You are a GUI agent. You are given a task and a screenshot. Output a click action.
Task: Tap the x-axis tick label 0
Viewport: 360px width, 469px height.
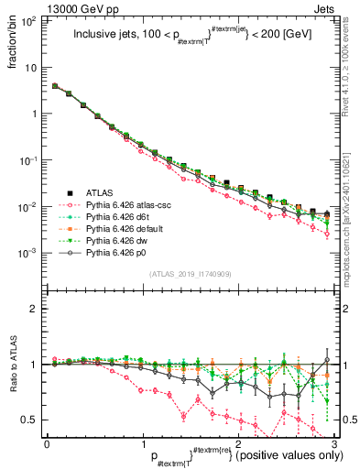(x=47, y=443)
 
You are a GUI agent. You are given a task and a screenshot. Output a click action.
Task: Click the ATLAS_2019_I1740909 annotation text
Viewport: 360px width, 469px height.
(x=190, y=274)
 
